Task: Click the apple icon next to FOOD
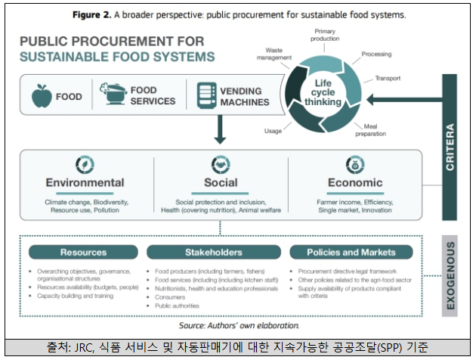41,96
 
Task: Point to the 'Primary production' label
325,34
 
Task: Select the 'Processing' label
376,54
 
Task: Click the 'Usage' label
273,130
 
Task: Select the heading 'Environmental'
85,183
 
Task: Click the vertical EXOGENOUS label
450,276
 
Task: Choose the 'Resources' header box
83,252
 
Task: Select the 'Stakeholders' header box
214,252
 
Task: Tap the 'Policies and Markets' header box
352,252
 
